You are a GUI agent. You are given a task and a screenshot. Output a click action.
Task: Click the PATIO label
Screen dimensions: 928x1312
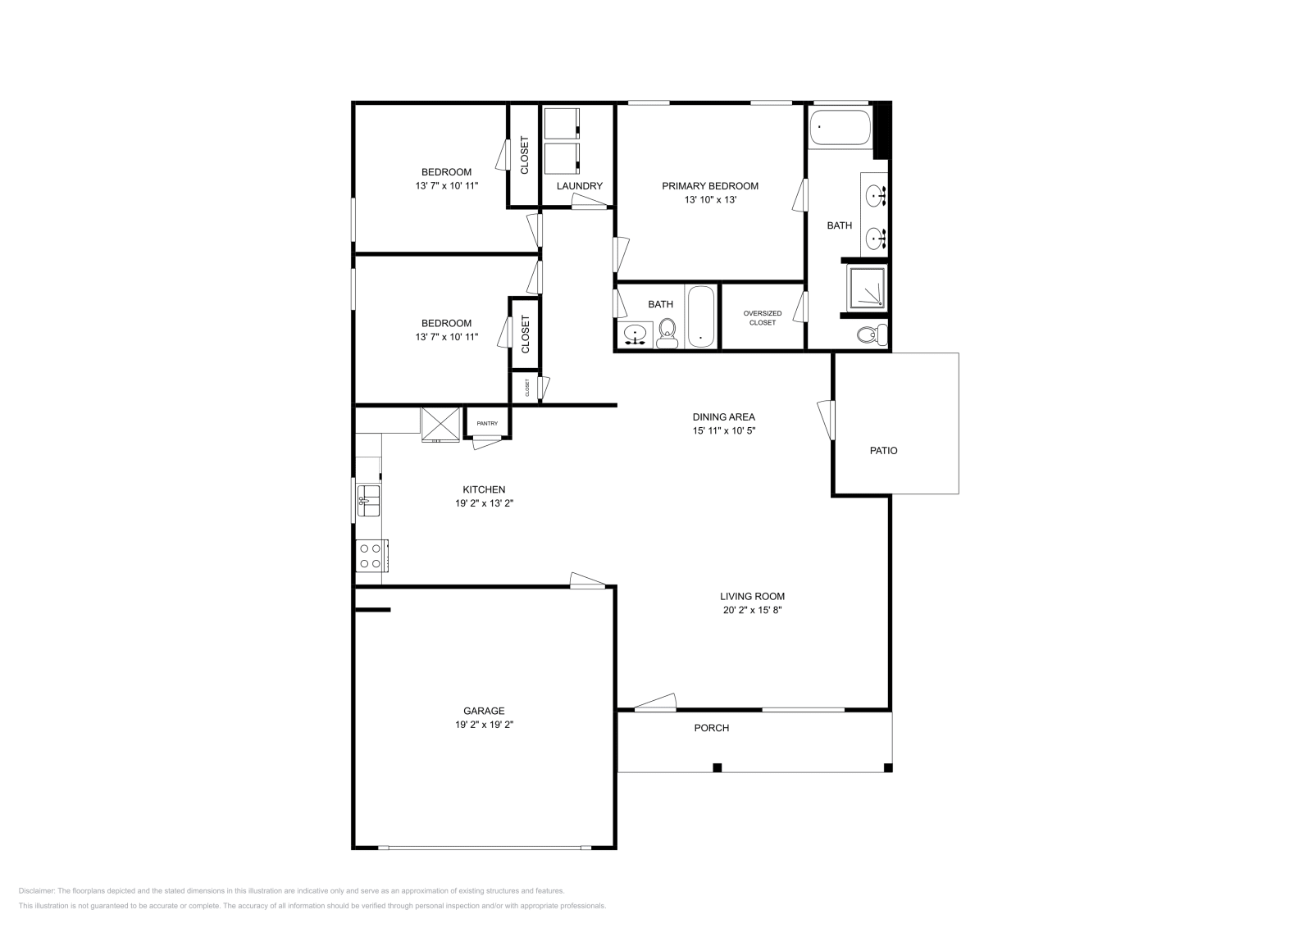[883, 450]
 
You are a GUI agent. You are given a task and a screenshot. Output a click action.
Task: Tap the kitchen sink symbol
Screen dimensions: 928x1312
[368, 500]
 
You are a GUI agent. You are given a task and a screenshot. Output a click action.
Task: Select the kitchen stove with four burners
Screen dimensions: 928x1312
[371, 556]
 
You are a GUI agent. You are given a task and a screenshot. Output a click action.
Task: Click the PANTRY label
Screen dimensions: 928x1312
[487, 423]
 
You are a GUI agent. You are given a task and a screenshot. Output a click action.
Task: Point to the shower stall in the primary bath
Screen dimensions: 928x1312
[868, 288]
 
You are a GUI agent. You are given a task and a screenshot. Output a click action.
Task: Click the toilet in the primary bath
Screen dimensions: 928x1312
[872, 334]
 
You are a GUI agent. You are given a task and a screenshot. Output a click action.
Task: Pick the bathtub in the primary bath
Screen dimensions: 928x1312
[840, 127]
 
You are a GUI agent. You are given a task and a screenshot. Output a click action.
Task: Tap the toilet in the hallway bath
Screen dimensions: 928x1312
[667, 330]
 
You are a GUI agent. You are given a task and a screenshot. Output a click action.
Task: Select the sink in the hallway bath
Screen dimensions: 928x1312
[635, 334]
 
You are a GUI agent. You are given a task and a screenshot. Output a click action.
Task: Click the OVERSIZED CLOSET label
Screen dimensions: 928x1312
[762, 318]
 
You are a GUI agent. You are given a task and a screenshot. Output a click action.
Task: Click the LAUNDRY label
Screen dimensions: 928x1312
[579, 186]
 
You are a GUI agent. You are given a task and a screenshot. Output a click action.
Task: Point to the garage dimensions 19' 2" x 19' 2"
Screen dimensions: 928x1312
[484, 725]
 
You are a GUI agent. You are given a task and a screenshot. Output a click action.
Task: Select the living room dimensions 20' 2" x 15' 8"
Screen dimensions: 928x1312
[752, 610]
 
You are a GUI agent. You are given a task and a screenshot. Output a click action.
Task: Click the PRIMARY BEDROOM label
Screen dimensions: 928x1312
[710, 186]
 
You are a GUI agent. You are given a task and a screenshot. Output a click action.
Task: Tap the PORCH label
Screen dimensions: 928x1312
[711, 728]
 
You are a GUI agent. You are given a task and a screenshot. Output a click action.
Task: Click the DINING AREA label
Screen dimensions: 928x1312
[723, 416]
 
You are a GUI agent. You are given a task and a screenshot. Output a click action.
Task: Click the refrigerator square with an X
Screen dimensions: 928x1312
[441, 424]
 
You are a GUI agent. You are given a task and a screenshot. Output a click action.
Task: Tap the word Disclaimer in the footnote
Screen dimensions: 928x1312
[36, 890]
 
